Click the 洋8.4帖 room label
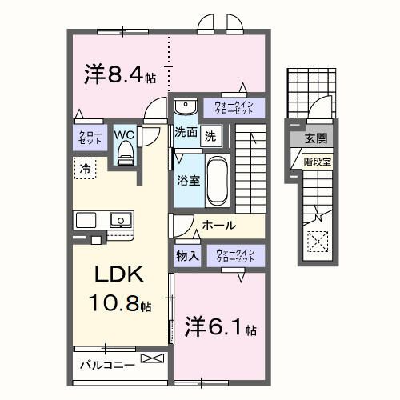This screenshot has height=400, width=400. pyautogui.click(x=120, y=74)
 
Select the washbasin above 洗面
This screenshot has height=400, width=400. pyautogui.click(x=185, y=106)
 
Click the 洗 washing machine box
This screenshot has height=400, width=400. pyautogui.click(x=209, y=135)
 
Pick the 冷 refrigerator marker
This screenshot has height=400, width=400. pyautogui.click(x=85, y=167)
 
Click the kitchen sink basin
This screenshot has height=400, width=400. pyautogui.click(x=120, y=219)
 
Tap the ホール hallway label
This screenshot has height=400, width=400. pyautogui.click(x=218, y=226)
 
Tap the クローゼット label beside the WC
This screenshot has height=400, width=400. pyautogui.click(x=86, y=137)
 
